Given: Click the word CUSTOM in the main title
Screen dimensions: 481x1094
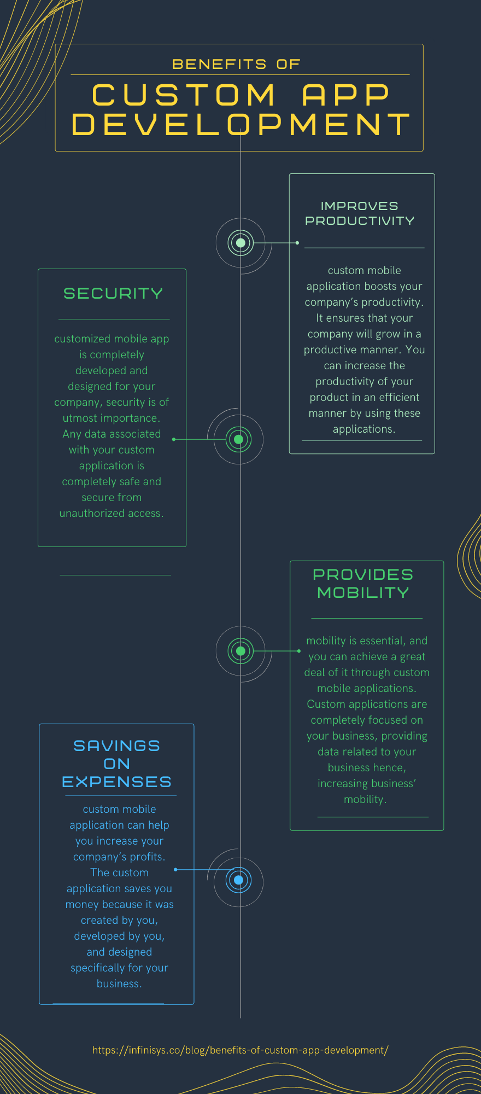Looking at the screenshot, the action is click(184, 95).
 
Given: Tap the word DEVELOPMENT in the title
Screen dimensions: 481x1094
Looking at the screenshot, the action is click(241, 124).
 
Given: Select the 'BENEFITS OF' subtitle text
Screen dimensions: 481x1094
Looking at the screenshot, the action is click(236, 65).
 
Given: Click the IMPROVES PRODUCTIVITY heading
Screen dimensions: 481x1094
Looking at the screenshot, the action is click(360, 213).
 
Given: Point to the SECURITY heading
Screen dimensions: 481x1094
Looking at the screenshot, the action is click(113, 294).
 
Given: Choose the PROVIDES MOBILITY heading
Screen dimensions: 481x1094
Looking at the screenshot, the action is click(363, 584).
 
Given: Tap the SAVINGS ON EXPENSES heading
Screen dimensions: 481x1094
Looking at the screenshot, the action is click(116, 764).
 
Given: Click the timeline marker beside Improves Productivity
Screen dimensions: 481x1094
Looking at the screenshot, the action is click(241, 242).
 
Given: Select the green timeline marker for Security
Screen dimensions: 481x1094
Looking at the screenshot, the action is click(238, 439).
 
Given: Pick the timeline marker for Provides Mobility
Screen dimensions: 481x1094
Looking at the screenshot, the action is click(241, 651).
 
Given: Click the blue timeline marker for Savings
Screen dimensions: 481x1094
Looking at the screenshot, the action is click(238, 880).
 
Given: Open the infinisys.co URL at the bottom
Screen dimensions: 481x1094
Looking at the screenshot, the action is click(241, 1050).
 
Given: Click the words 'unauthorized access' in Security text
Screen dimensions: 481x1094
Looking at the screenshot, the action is click(111, 514).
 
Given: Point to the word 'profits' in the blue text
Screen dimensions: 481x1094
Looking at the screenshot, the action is click(146, 857).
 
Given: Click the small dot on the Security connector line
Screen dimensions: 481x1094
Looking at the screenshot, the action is click(174, 439).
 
